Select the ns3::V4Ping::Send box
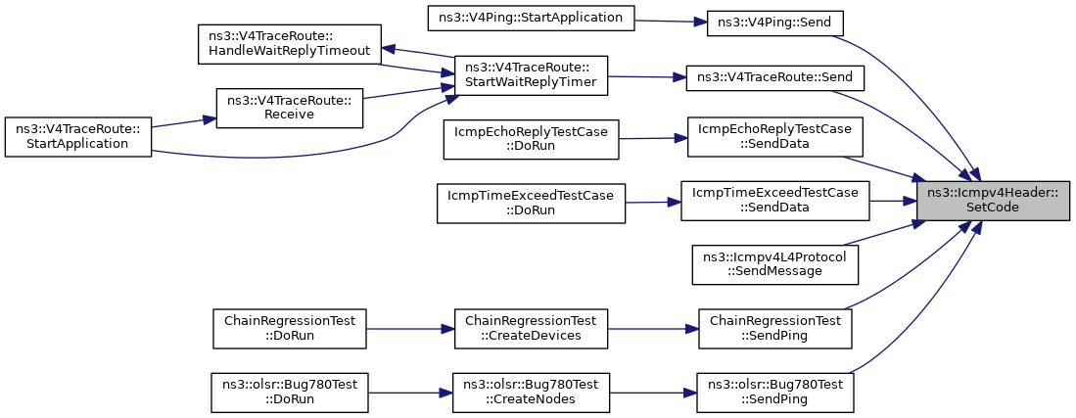[773, 23]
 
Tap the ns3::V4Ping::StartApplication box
[532, 18]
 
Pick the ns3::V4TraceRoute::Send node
[775, 77]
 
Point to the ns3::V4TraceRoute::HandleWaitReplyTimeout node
[290, 45]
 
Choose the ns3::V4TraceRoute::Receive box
[290, 107]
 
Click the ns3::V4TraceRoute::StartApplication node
[78, 137]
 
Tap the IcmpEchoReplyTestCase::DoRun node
[532, 139]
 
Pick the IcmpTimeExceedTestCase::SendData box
[775, 201]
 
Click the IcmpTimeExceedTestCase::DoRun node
[532, 203]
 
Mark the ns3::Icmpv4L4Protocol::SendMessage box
[775, 264]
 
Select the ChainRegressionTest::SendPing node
[775, 328]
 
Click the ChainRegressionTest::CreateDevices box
[532, 328]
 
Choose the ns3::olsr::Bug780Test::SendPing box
[775, 392]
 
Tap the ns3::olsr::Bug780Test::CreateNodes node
[532, 392]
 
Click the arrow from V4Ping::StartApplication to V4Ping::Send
[671, 22]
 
